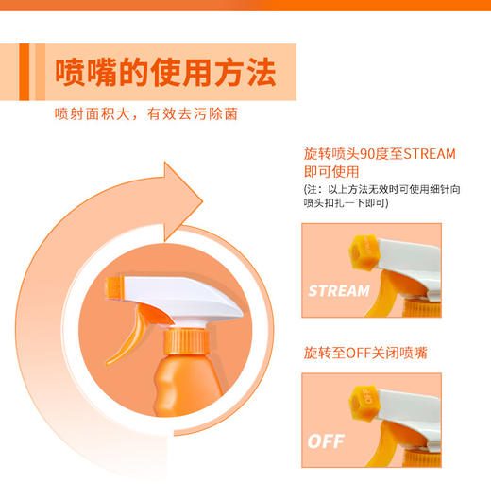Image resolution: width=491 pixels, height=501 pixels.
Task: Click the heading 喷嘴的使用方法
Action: (166, 71)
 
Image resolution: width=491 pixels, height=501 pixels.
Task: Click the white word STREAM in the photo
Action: (339, 290)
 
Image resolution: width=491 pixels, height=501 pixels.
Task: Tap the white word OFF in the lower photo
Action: (327, 441)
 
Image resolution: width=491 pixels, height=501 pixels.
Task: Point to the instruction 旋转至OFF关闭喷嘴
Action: (364, 353)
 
